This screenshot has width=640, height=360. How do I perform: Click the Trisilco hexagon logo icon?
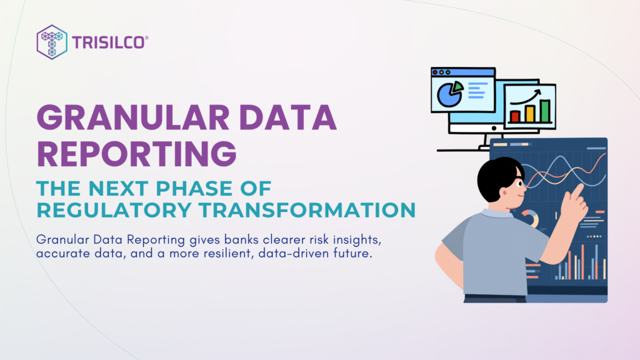point(52,41)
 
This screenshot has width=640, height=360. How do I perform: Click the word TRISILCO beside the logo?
point(111,42)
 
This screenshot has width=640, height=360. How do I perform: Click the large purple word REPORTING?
point(136,152)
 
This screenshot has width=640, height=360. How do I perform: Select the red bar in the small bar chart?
point(516,116)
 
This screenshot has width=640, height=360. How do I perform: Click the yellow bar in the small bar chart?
point(530,113)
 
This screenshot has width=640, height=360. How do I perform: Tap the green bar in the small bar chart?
point(545,110)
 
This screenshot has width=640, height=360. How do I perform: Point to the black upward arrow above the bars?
point(528,97)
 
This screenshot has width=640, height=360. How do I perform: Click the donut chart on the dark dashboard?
point(530,218)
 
